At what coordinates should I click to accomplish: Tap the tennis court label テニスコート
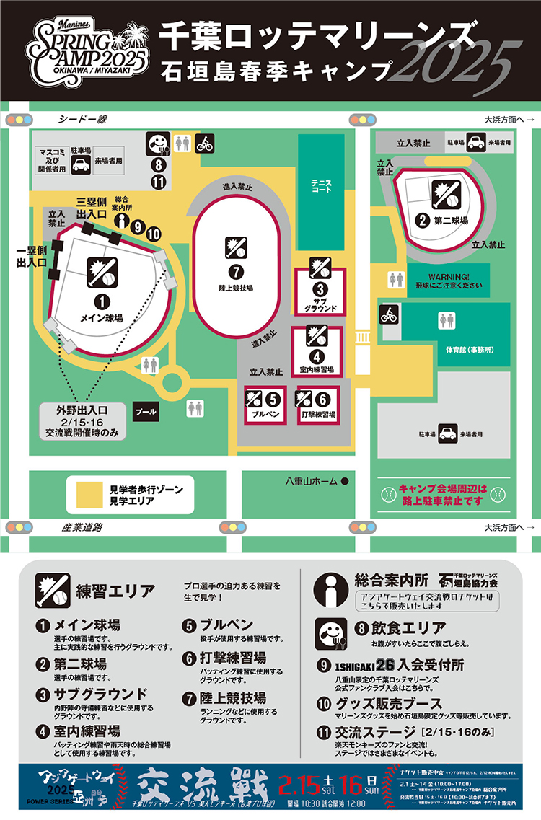[321, 185]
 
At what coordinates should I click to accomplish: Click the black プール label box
[146, 411]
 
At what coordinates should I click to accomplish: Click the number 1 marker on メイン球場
[102, 303]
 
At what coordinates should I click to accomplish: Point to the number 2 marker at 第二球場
[423, 221]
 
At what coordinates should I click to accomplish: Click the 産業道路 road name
[82, 527]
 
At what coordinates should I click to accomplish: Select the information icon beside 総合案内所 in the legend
[331, 589]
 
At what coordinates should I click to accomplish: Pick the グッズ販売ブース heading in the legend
[385, 702]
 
